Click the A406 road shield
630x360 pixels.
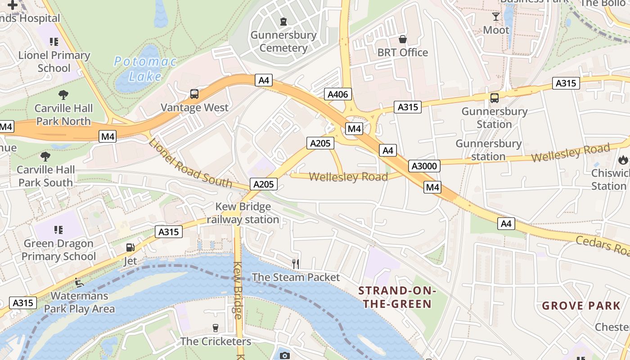[337, 94]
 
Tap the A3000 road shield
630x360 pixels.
[424, 166]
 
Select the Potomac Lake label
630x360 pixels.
[145, 69]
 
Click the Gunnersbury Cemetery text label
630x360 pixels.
[283, 41]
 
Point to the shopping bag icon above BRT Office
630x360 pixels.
[403, 39]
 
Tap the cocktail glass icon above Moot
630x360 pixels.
[496, 17]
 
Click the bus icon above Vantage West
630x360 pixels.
[194, 94]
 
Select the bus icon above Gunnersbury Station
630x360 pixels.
[494, 98]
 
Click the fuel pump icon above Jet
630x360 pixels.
[130, 247]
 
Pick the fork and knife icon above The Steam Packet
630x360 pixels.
[296, 264]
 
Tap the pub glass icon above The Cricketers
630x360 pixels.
[216, 328]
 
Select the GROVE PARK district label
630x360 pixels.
[581, 306]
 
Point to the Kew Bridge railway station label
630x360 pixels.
[243, 213]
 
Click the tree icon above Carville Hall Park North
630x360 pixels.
[63, 95]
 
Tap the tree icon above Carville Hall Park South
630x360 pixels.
[45, 157]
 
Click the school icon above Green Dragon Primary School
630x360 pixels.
[58, 230]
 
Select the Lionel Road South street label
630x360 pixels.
[190, 164]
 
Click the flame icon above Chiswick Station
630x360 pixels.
[623, 159]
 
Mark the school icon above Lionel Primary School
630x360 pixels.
[54, 42]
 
